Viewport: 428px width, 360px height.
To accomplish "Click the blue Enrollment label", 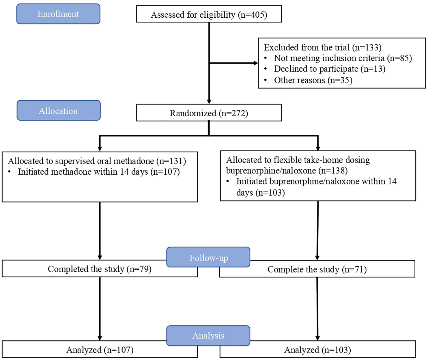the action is pos(58,14).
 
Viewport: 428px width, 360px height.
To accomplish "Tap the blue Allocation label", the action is pos(59,110).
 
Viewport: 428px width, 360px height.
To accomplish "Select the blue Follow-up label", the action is pos(208,257).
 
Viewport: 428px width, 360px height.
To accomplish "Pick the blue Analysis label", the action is pos(208,335).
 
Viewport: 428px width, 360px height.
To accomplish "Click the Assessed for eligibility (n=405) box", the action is pos(209,14).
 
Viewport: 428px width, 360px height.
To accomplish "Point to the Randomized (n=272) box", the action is pos(209,113).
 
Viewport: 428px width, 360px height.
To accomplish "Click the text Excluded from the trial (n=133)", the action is pos(322,48).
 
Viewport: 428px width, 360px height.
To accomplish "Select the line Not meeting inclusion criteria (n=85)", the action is pos(343,58).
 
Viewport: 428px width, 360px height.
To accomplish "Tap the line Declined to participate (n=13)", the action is pos(330,69).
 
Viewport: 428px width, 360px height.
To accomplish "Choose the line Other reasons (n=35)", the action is pos(313,80).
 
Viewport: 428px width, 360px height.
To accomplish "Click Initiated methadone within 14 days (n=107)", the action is pos(99,172).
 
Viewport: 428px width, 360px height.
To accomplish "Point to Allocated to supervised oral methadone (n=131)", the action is pos(97,161).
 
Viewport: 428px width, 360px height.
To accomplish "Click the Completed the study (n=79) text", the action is pos(100,269).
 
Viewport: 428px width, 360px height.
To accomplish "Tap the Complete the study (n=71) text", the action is pos(317,269).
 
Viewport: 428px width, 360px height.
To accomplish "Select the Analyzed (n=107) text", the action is pos(100,350).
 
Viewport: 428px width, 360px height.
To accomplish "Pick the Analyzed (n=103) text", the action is pos(317,350).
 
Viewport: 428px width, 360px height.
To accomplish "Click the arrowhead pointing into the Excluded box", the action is pos(256,63).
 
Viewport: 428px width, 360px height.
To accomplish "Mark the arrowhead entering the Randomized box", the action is pos(209,102).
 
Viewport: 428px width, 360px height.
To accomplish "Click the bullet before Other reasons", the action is pos(266,80).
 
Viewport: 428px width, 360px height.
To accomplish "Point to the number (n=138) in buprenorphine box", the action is pos(333,171).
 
